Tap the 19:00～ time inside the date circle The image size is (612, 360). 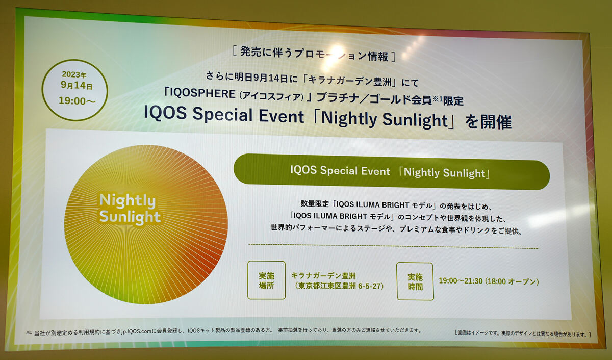[x=78, y=101]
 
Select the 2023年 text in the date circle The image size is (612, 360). [x=74, y=74]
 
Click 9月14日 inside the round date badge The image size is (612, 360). [x=76, y=86]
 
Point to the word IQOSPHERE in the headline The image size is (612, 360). [x=202, y=94]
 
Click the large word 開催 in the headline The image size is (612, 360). [x=496, y=122]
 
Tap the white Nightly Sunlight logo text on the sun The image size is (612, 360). [x=129, y=210]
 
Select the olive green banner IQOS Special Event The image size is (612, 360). [x=392, y=172]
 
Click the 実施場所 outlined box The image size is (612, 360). [x=266, y=280]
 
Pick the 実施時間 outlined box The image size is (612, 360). [x=415, y=281]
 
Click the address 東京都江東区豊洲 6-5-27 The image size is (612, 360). [x=339, y=286]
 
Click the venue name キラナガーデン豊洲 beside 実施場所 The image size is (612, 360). [x=323, y=275]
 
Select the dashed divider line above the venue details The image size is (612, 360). [x=393, y=246]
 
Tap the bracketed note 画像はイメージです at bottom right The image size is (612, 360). [x=522, y=334]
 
